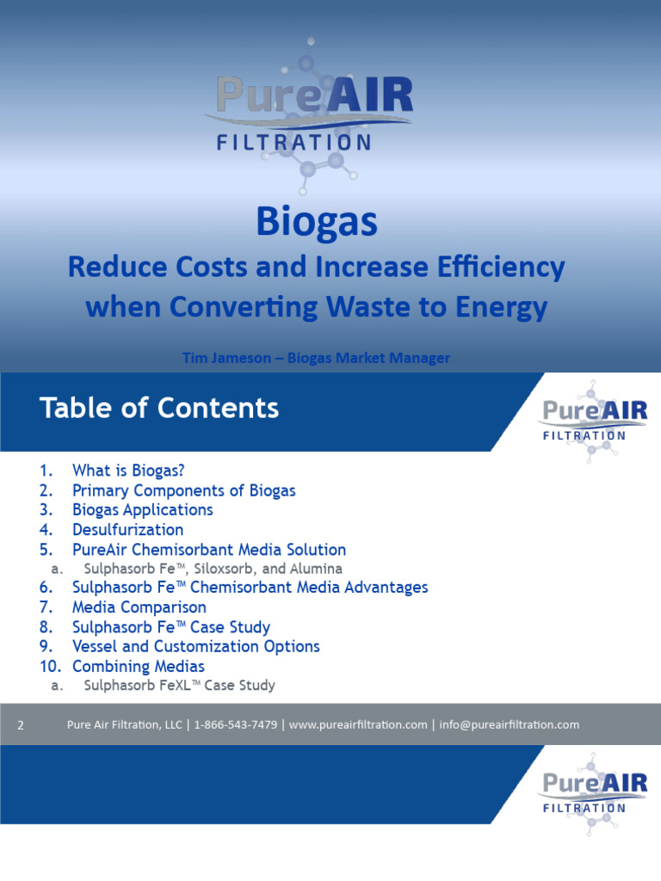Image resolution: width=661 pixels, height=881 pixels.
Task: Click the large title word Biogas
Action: tap(317, 222)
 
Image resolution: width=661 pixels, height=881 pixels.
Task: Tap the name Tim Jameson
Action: tap(220, 358)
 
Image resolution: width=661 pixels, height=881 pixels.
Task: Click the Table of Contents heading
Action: tap(159, 408)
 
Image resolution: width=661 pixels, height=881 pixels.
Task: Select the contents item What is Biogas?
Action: tap(128, 471)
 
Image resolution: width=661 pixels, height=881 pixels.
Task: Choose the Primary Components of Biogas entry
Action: tap(183, 490)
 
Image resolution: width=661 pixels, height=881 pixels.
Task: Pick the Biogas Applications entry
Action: tap(142, 510)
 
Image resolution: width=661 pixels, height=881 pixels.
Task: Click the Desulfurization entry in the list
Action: tap(127, 530)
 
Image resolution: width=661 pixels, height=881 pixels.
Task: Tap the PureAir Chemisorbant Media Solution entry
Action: tap(208, 550)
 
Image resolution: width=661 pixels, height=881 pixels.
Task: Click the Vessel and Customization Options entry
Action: tap(195, 646)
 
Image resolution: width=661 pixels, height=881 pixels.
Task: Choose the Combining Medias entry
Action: tap(138, 666)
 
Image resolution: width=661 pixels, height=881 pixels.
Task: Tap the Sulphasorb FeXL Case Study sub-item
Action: tap(179, 686)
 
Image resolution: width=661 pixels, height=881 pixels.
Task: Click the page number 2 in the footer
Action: tap(21, 725)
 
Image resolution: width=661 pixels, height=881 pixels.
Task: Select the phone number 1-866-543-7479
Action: tap(235, 725)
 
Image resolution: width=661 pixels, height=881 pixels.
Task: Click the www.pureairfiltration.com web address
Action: tap(358, 725)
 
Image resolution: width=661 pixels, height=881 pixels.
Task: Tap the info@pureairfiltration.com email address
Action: tap(509, 725)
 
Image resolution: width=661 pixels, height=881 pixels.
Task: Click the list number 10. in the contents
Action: tap(51, 666)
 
